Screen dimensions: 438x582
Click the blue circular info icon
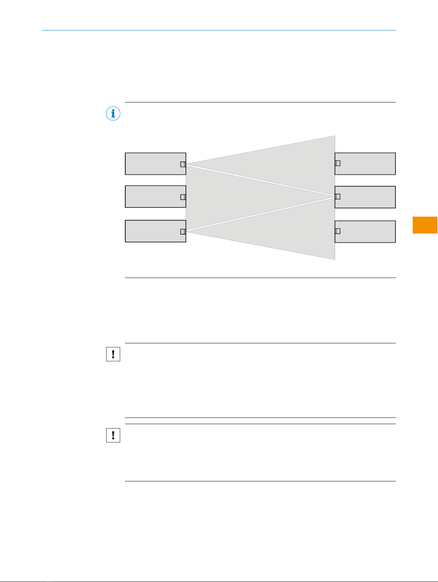tap(113, 114)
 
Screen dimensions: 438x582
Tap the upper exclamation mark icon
tap(113, 354)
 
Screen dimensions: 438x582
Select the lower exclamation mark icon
tap(113, 435)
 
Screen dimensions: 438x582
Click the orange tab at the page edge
tap(425, 225)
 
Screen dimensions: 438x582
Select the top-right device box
tap(367, 164)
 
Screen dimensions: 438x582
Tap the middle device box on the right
tap(367, 197)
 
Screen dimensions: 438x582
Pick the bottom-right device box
tap(367, 232)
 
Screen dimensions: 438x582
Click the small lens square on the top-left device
tap(183, 164)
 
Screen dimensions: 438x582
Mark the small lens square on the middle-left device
tap(183, 197)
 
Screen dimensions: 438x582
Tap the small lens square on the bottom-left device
tap(183, 231)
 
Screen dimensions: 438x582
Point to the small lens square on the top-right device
tap(337, 163)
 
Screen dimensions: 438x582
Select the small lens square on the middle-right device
tap(337, 196)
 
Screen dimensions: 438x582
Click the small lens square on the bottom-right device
tap(337, 231)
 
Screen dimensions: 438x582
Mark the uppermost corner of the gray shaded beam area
tap(334, 136)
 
